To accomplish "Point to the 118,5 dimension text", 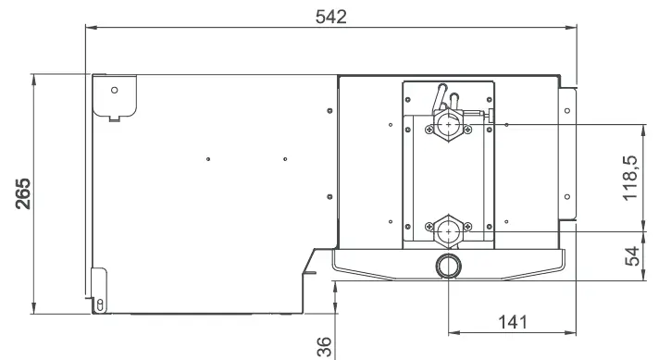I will point(632,178).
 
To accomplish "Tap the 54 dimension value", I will point(632,257).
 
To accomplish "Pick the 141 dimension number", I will point(511,322).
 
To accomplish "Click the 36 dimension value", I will point(325,345).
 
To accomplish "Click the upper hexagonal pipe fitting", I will point(448,123).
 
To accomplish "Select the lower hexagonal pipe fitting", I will point(448,227).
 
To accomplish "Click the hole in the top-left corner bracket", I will point(115,90).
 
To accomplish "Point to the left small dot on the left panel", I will point(210,159).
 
